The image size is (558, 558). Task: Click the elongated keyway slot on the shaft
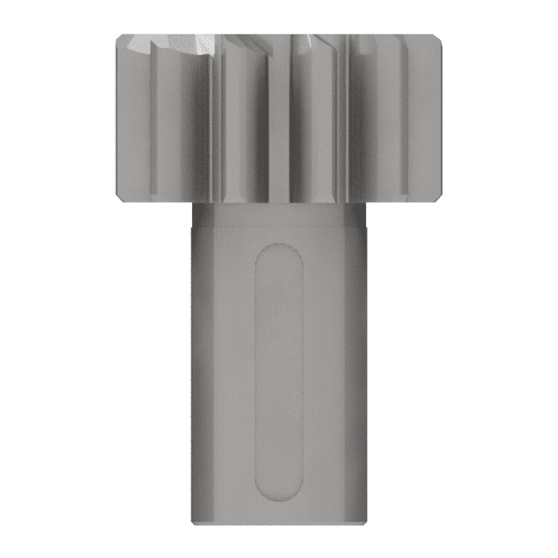pyautogui.click(x=279, y=371)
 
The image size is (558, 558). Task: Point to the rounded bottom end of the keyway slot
pyautogui.click(x=279, y=489)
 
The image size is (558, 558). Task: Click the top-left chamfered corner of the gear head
pyautogui.click(x=120, y=38)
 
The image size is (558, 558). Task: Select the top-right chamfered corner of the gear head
pyautogui.click(x=438, y=38)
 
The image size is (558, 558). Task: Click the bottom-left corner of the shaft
pyautogui.click(x=194, y=523)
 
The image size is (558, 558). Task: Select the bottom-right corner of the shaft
pyautogui.click(x=365, y=523)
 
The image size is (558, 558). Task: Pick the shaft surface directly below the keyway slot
pyautogui.click(x=279, y=508)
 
